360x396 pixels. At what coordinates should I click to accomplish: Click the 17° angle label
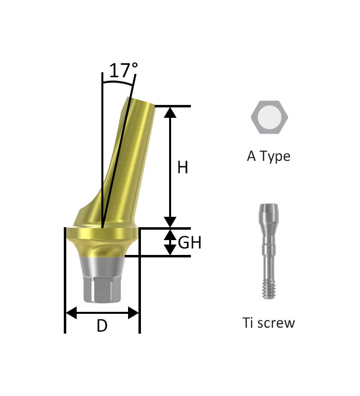[123, 70]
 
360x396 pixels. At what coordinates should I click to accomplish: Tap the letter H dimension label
[182, 167]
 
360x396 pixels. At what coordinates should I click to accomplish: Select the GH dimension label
[190, 243]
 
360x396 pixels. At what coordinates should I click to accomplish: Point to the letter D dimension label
[102, 326]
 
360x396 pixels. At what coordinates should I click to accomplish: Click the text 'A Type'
[269, 156]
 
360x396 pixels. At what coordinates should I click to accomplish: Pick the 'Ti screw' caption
[269, 323]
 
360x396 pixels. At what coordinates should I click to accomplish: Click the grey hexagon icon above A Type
[269, 117]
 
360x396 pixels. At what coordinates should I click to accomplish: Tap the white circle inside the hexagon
[269, 117]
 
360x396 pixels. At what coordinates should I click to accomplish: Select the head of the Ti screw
[269, 212]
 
